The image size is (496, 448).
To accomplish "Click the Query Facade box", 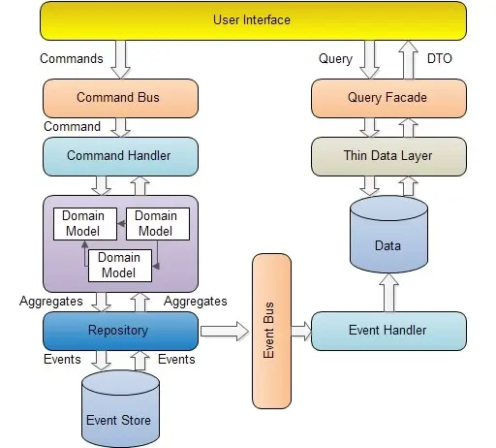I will pyautogui.click(x=387, y=97).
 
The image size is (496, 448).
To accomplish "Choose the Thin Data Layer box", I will pyautogui.click(x=387, y=155).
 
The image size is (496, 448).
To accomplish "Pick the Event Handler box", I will pyautogui.click(x=387, y=331).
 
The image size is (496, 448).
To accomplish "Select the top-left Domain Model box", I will pyautogui.click(x=84, y=223).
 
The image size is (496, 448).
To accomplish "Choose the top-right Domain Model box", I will pyautogui.click(x=157, y=223).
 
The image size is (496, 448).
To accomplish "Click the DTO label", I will pyautogui.click(x=439, y=58).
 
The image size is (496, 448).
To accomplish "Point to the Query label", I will pyautogui.click(x=335, y=58).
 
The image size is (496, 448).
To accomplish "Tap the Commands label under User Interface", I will pyautogui.click(x=72, y=58).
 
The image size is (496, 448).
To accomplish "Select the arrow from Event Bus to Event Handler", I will pyautogui.click(x=300, y=331).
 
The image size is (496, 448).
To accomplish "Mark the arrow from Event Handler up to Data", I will pyautogui.click(x=387, y=292).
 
